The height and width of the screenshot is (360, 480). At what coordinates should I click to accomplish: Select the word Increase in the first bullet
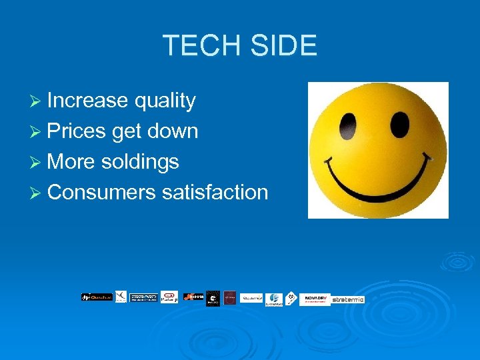click(x=87, y=101)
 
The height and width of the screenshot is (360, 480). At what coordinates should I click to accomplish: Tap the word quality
click(x=165, y=101)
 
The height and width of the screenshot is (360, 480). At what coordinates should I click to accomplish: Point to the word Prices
click(x=77, y=131)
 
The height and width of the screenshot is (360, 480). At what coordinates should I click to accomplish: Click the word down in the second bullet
click(x=173, y=131)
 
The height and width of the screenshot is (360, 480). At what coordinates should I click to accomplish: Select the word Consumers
click(x=102, y=193)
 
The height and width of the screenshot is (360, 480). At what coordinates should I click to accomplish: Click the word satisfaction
click(x=215, y=193)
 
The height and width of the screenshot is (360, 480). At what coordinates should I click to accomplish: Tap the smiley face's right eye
click(x=399, y=123)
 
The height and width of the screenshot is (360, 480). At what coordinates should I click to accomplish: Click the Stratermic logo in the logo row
click(x=348, y=299)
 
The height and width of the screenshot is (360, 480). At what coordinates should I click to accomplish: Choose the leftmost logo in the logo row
click(x=97, y=297)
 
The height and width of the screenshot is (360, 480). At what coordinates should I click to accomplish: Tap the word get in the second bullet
click(x=127, y=131)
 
